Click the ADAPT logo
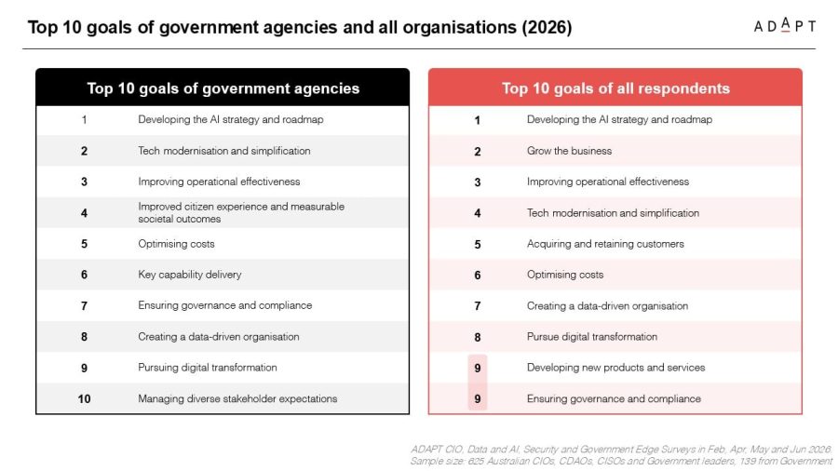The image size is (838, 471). click(784, 26)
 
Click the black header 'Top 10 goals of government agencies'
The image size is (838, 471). click(223, 88)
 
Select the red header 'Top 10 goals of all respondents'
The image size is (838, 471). click(615, 88)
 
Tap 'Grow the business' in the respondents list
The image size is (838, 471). click(569, 151)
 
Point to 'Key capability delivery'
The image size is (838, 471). click(190, 275)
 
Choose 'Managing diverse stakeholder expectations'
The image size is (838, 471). click(237, 398)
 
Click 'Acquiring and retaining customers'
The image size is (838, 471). click(605, 244)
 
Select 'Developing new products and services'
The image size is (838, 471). click(615, 368)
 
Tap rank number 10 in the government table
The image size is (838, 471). click(84, 399)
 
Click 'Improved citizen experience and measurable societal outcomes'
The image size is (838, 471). click(241, 212)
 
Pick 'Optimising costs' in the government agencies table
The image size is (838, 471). click(176, 244)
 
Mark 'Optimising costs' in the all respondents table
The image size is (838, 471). click(565, 275)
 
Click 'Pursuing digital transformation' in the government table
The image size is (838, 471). click(208, 368)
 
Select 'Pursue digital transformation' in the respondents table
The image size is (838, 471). click(591, 336)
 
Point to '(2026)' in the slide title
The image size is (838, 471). click(547, 27)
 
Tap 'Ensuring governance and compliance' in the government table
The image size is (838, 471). click(225, 305)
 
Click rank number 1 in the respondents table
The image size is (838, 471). click(478, 120)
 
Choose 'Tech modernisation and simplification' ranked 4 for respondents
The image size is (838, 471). click(613, 212)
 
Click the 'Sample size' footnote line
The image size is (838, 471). click(621, 461)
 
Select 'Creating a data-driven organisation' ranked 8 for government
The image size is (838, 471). click(219, 336)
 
